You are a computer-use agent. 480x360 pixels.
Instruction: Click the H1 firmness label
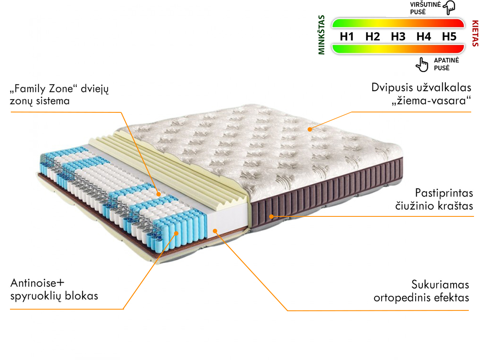pyautogui.click(x=347, y=36)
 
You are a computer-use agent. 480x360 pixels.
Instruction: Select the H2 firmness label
pyautogui.click(x=372, y=36)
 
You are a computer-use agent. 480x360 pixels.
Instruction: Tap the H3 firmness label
pyautogui.click(x=398, y=36)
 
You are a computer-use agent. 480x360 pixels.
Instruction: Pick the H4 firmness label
pyautogui.click(x=424, y=36)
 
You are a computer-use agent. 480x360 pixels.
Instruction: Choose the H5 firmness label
pyautogui.click(x=449, y=36)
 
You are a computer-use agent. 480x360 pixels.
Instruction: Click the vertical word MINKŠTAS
pyautogui.click(x=322, y=35)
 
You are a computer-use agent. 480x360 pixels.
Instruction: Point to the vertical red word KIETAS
pyautogui.click(x=475, y=34)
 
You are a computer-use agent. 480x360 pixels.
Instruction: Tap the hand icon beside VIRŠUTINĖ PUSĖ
pyautogui.click(x=449, y=8)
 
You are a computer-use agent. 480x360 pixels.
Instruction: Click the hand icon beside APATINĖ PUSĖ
pyautogui.click(x=422, y=65)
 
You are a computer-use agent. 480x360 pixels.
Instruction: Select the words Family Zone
pyautogui.click(x=44, y=89)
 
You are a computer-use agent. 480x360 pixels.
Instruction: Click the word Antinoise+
pyautogui.click(x=37, y=283)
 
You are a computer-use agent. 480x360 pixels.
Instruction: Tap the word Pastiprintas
pyautogui.click(x=444, y=193)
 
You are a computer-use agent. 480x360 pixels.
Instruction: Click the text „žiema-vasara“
pyautogui.click(x=431, y=101)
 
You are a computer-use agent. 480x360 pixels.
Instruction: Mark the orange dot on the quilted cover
pyautogui.click(x=310, y=129)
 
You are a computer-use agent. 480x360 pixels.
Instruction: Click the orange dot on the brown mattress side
pyautogui.click(x=271, y=217)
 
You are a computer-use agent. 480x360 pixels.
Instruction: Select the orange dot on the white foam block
pyautogui.click(x=215, y=231)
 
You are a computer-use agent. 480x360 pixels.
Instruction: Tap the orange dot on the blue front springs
pyautogui.click(x=176, y=234)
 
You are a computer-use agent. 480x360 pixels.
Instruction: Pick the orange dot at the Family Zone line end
pyautogui.click(x=158, y=194)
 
